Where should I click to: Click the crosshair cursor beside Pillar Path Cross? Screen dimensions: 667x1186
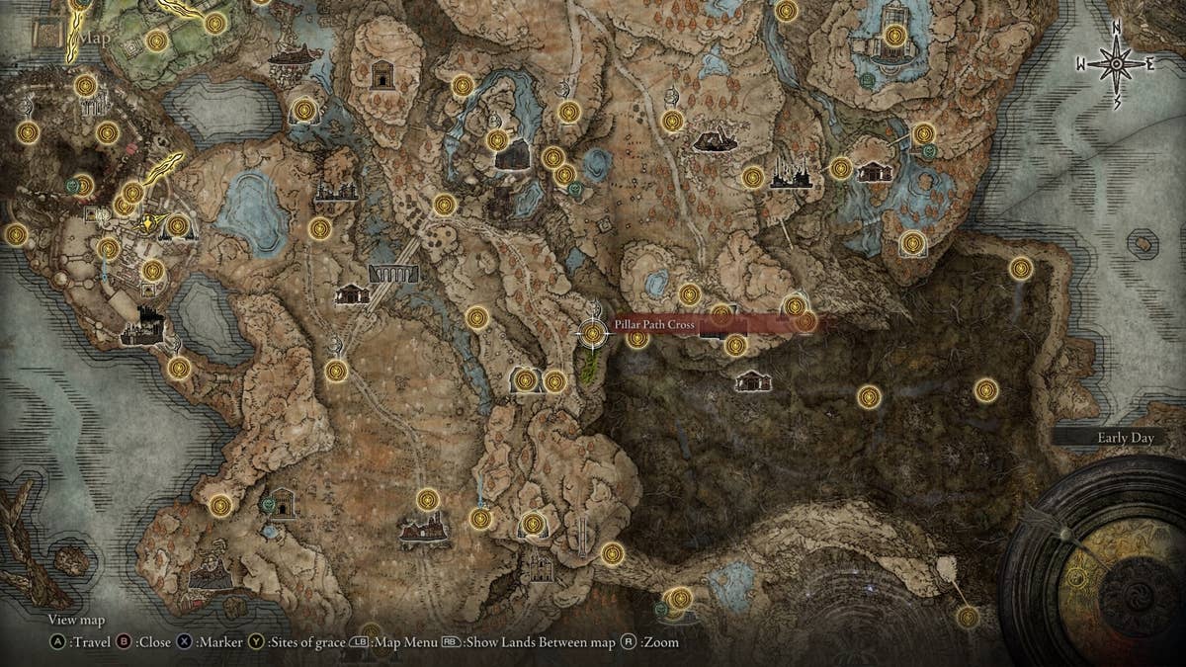click(593, 334)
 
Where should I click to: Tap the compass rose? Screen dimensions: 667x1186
click(1116, 64)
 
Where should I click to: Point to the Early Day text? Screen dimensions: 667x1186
click(1125, 438)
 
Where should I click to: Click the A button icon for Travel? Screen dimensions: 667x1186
click(58, 642)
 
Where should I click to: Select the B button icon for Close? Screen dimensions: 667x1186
click(125, 642)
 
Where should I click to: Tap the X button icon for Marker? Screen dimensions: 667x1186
click(185, 642)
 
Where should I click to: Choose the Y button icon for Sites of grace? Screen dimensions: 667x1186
click(256, 642)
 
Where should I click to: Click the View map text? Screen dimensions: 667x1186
click(76, 620)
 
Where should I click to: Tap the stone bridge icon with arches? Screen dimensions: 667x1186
click(393, 273)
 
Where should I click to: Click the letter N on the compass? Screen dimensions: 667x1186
click(1116, 27)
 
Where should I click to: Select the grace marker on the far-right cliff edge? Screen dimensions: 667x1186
click(1021, 268)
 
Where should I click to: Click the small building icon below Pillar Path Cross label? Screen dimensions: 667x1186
click(753, 380)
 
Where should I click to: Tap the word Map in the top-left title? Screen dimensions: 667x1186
click(96, 38)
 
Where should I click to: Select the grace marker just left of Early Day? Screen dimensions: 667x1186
click(986, 390)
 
